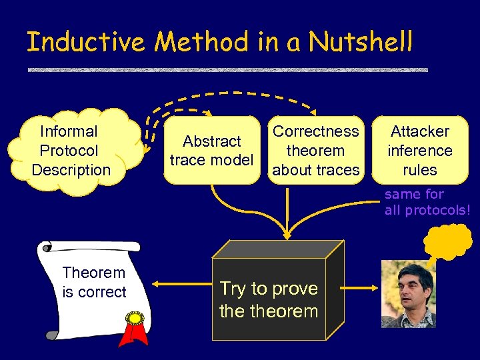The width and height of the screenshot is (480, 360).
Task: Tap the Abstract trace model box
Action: pos(211,151)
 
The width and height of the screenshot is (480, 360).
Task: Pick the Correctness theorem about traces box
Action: pos(316,151)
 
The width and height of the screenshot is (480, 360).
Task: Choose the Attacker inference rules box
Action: pos(419,151)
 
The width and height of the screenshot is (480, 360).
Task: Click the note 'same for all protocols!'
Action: pos(427,202)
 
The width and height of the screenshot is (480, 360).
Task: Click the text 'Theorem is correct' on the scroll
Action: pos(94,282)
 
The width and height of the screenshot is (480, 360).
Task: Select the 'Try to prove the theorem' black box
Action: pos(269,299)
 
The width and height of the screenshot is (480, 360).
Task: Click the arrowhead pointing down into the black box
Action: pos(287,234)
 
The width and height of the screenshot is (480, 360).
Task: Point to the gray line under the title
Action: pos(227,70)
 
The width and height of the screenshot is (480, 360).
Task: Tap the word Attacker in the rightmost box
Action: pos(419,131)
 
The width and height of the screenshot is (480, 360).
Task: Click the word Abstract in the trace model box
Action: pos(211,141)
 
